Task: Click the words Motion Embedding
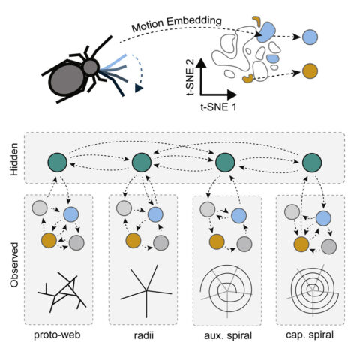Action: pos(177,24)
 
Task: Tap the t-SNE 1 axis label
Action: pos(218,107)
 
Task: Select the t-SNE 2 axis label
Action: pos(190,78)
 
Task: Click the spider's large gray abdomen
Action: pos(67,79)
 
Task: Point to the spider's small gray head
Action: pos(91,67)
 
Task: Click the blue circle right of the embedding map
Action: pos(310,37)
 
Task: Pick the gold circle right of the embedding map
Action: pos(310,71)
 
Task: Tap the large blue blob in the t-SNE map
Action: pos(266,32)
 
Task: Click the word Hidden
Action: pos(14,160)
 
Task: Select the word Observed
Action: pos(14,265)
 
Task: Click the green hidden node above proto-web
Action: pos(58,163)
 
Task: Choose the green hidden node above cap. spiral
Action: pos(312,163)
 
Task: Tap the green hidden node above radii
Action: pos(142,163)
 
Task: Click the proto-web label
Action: pos(57,335)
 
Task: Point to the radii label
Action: pos(144,335)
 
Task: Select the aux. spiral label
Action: pos(228,335)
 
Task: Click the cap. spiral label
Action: pos(310,334)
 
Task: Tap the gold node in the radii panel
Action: pos(133,241)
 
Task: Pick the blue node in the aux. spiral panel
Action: pos(238,215)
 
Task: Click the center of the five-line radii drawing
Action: pos(146,290)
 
